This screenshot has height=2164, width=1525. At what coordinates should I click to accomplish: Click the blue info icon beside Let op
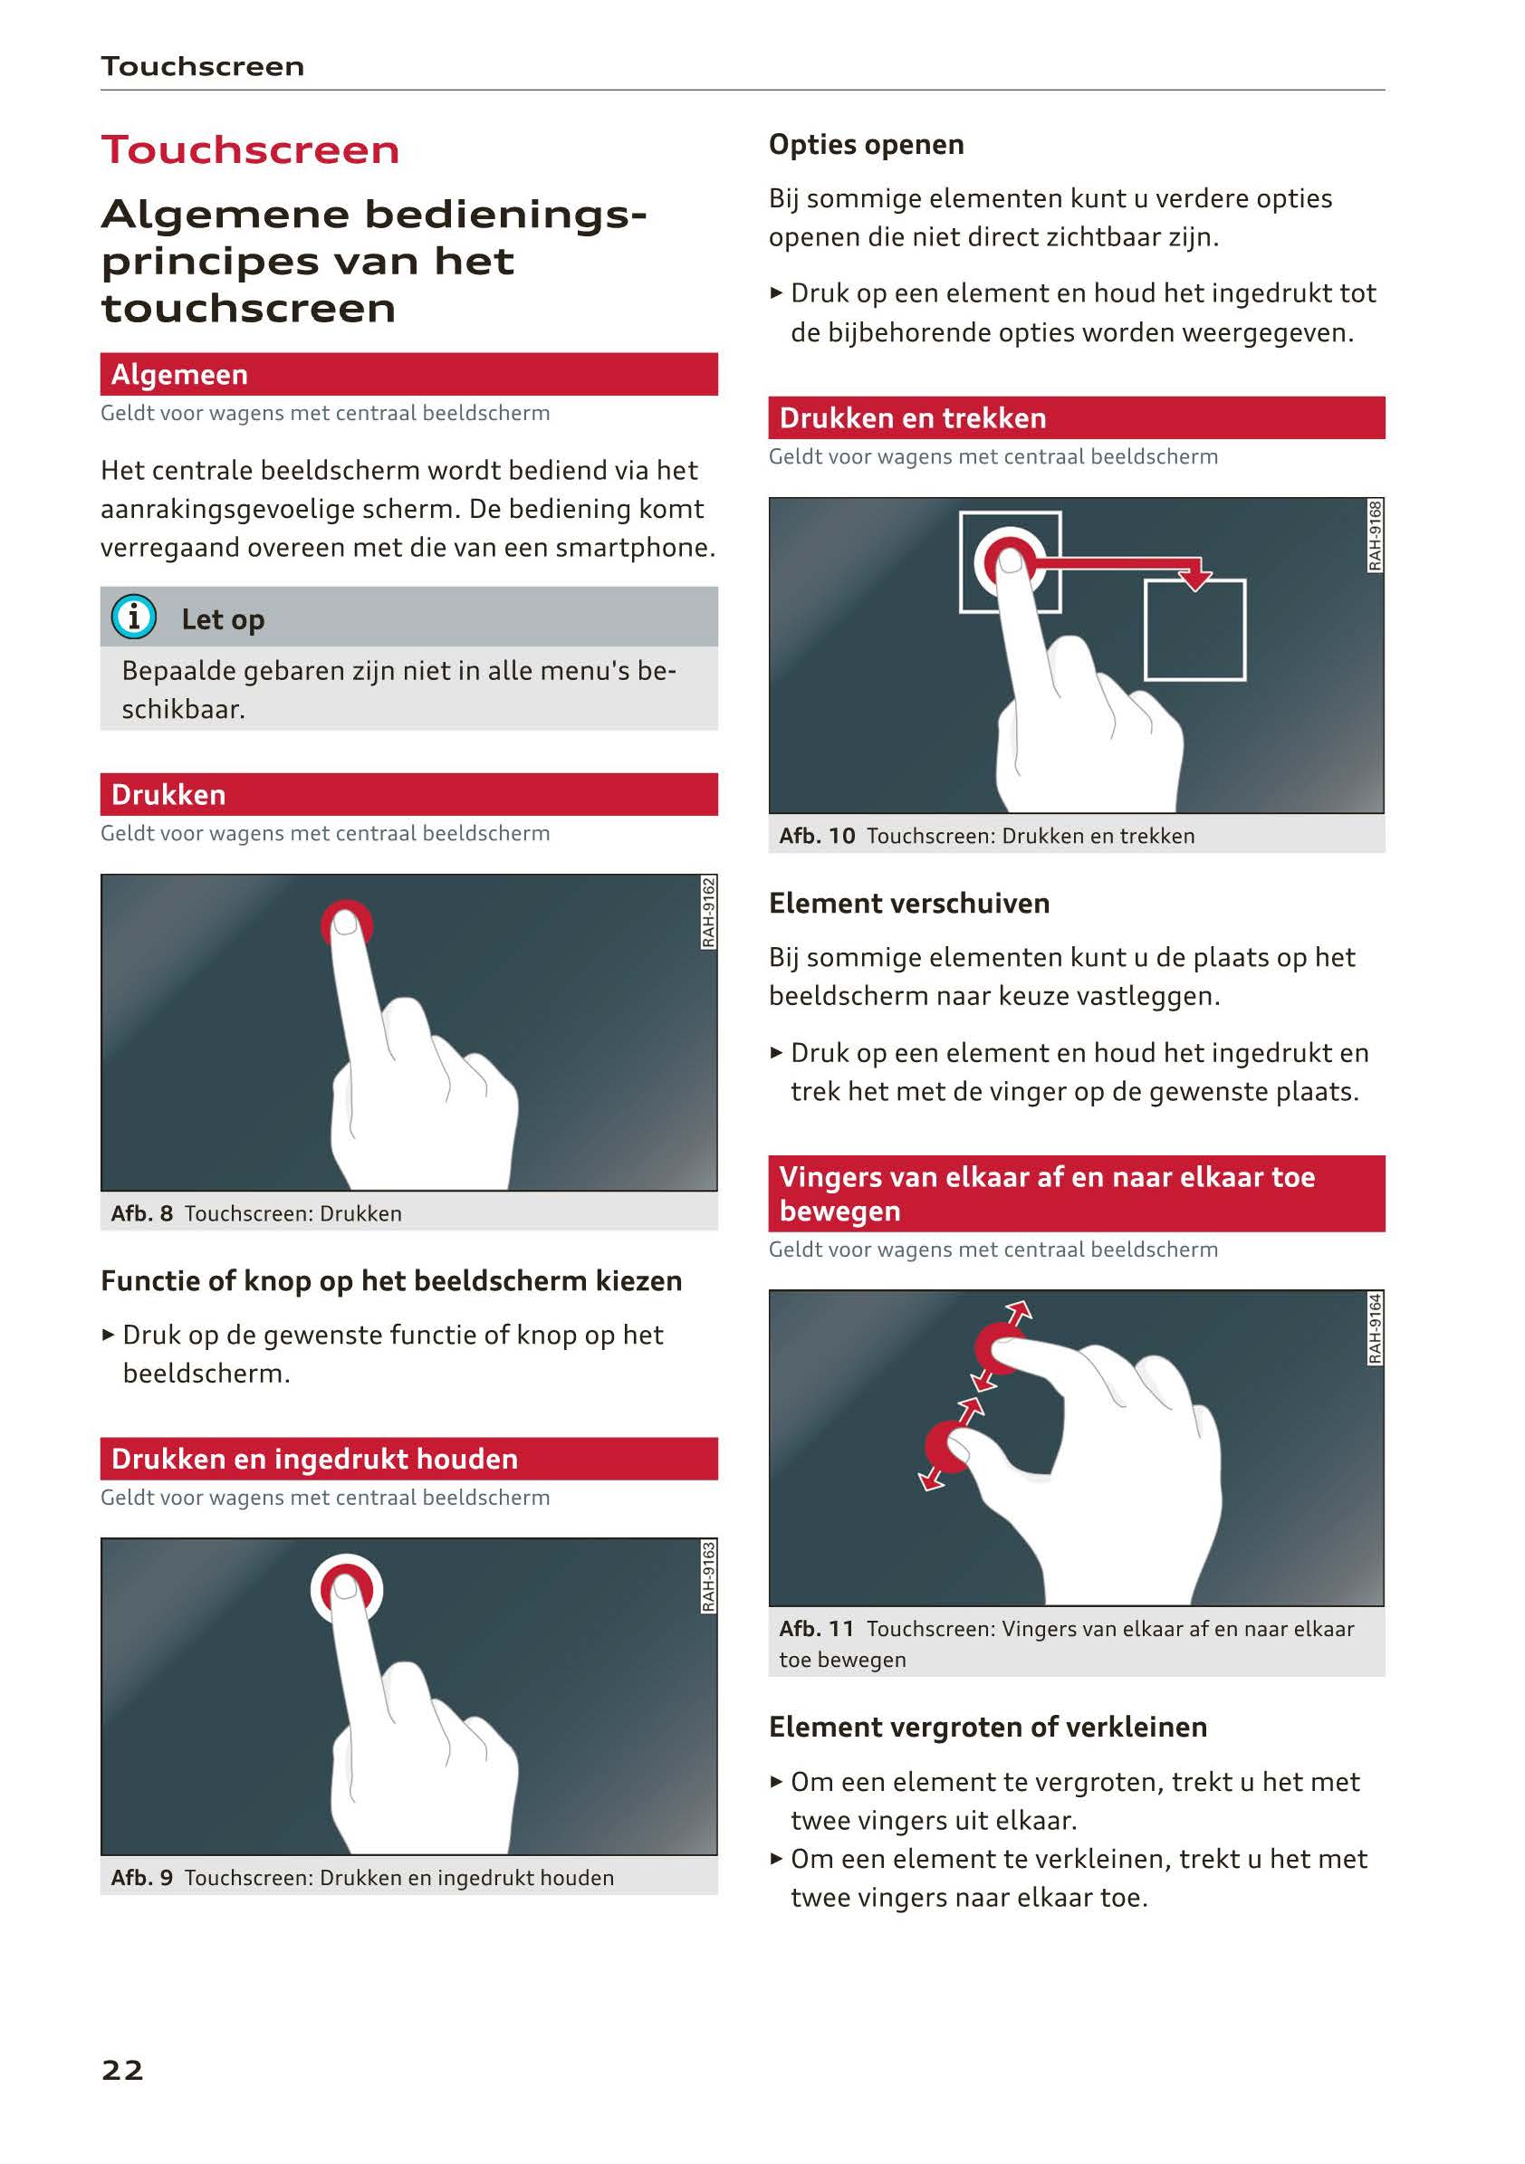pos(134,617)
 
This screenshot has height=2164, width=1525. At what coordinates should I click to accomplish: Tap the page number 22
pos(122,2070)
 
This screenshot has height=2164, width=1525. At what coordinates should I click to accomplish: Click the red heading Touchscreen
pos(251,150)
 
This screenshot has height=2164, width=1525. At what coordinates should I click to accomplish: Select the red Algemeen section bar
pos(409,374)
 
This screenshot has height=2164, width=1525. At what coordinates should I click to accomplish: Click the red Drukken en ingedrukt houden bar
pos(409,1459)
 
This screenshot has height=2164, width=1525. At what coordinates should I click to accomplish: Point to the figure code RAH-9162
pos(709,913)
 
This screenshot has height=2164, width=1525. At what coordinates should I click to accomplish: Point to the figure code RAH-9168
pos(1376,535)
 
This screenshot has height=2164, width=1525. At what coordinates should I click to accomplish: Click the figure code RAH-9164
pos(1376,1328)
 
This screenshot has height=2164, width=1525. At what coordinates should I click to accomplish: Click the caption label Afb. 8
pos(141,1213)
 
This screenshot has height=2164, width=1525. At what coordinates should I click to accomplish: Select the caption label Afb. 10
pos(817,835)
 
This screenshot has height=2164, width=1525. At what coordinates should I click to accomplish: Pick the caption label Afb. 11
pos(816,1628)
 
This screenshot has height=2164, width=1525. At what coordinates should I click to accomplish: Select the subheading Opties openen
pos(866,145)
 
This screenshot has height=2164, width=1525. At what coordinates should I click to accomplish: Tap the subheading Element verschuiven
pos(908,903)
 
